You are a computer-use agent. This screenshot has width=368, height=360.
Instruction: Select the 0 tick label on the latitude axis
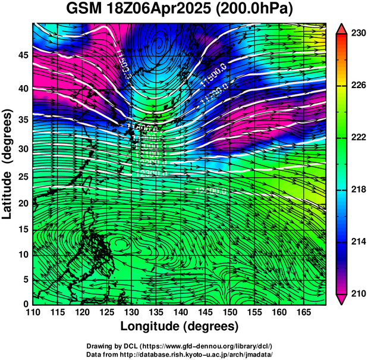(x=26, y=304)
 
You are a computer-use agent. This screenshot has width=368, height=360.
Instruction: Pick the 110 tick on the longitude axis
(x=33, y=312)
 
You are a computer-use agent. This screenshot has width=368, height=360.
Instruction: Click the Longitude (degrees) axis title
(x=180, y=327)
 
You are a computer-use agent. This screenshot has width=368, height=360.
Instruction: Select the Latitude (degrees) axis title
(x=8, y=164)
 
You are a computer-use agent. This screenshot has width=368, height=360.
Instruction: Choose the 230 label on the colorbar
(x=358, y=34)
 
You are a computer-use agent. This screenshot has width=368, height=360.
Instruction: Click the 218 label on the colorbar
(x=358, y=190)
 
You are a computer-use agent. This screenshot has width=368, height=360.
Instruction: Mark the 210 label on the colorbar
(x=358, y=293)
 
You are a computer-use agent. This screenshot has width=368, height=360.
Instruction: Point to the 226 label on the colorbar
(x=358, y=86)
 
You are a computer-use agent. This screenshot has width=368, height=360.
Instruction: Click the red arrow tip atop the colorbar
(x=342, y=28)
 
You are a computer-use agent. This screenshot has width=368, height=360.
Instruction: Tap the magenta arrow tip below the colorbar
(x=342, y=299)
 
